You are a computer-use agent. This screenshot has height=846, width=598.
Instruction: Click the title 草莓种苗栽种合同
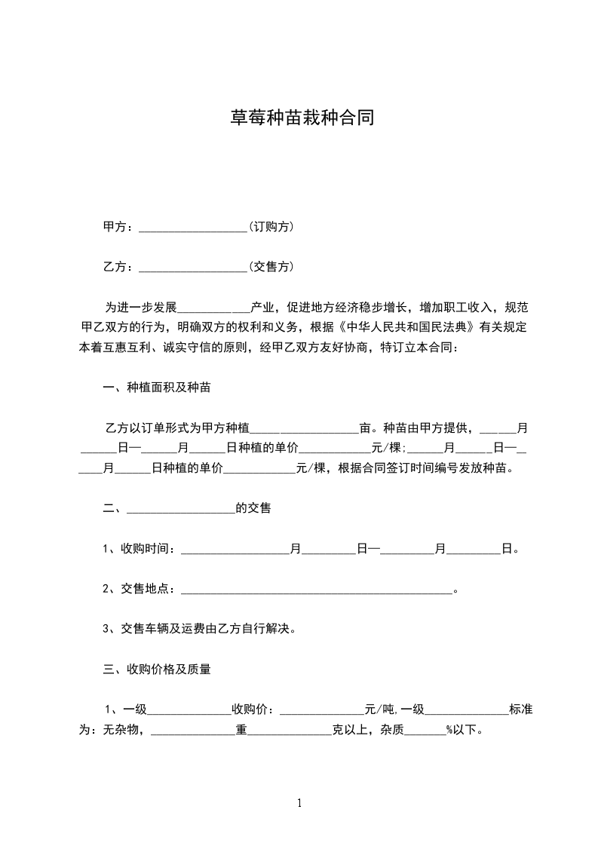(x=302, y=118)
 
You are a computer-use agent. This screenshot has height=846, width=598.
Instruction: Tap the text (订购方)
(x=271, y=226)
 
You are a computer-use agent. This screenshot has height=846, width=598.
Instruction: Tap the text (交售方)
(x=271, y=266)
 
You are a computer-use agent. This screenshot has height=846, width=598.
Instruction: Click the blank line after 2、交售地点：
(x=316, y=590)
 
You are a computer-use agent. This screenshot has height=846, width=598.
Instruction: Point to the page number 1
(x=299, y=803)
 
